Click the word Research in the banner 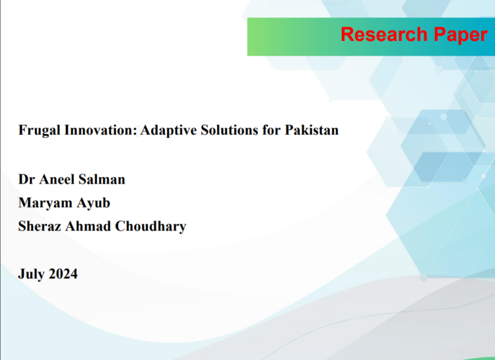(384, 34)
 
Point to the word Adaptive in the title (169, 131)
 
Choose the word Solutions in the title (229, 130)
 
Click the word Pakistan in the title (311, 130)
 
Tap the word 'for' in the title (272, 130)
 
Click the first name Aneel (57, 179)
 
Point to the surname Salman (102, 179)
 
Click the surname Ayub (93, 204)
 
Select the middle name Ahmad (88, 227)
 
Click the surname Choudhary (150, 227)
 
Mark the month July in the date (31, 274)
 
